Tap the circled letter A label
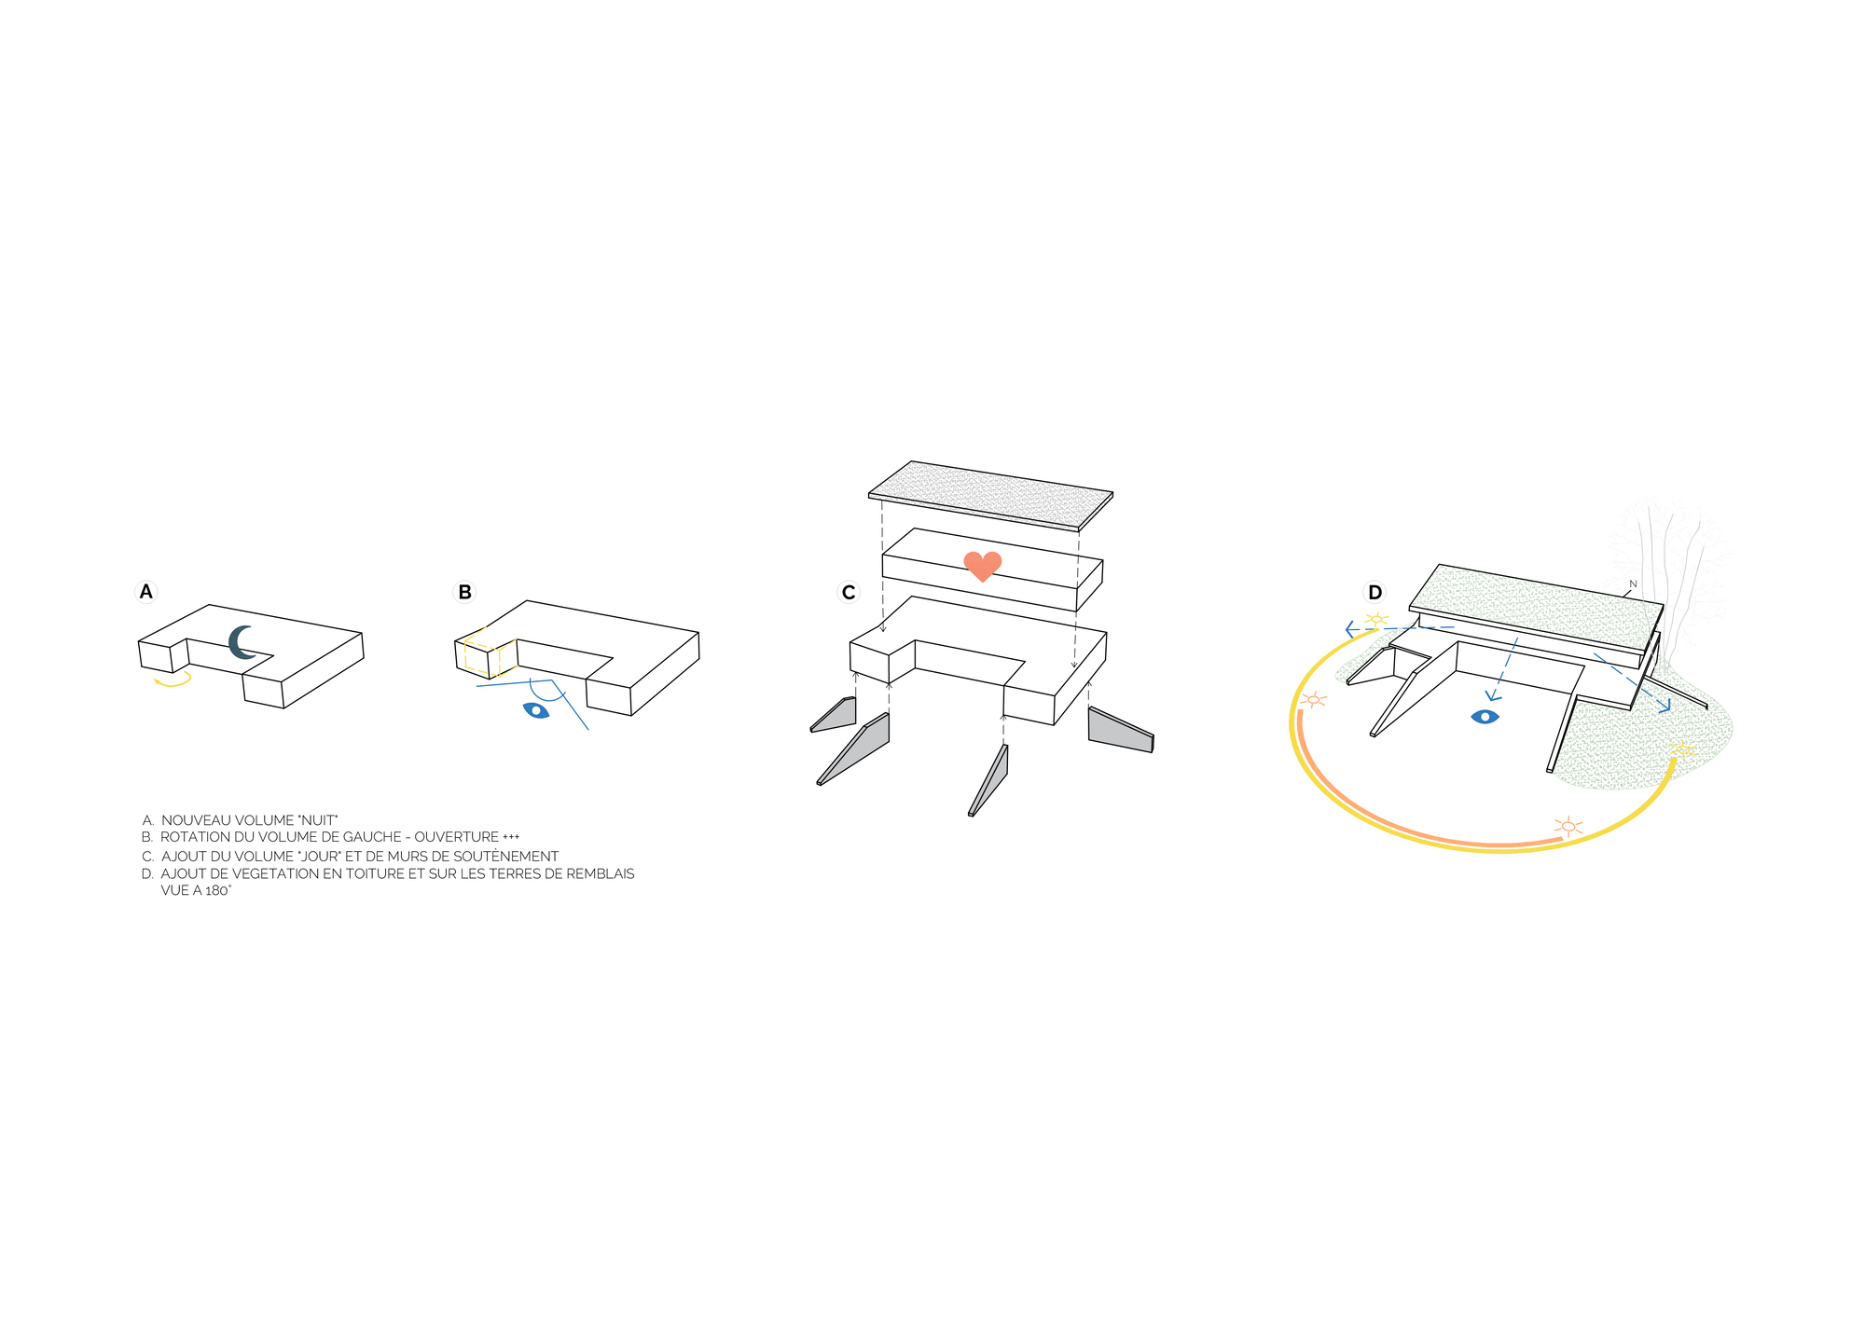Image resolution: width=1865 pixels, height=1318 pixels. click(145, 592)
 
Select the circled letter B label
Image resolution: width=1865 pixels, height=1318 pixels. click(464, 592)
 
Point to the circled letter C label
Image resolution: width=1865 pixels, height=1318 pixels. click(849, 592)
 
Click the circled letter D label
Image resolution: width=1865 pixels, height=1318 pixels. click(1375, 592)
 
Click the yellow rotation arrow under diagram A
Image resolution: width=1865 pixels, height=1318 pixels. click(173, 681)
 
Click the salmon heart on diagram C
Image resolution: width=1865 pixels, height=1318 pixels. click(982, 566)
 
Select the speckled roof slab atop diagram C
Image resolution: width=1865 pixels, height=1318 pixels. click(990, 493)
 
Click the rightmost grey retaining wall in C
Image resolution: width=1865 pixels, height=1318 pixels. click(1120, 729)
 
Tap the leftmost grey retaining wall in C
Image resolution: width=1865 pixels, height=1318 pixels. click(836, 715)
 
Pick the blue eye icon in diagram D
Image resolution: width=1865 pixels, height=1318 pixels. click(1485, 717)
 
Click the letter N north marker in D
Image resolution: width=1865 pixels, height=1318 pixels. click(1633, 584)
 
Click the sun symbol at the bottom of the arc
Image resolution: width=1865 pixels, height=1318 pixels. click(1568, 826)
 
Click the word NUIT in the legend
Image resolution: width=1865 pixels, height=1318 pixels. click(316, 820)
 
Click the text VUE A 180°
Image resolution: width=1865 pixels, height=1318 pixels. click(196, 890)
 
